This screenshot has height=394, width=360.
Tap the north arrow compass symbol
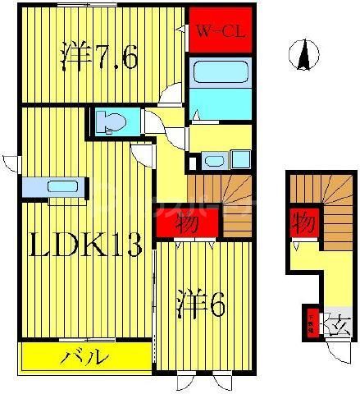pos(304,55)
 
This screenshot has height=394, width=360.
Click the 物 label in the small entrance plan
pos(301,221)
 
